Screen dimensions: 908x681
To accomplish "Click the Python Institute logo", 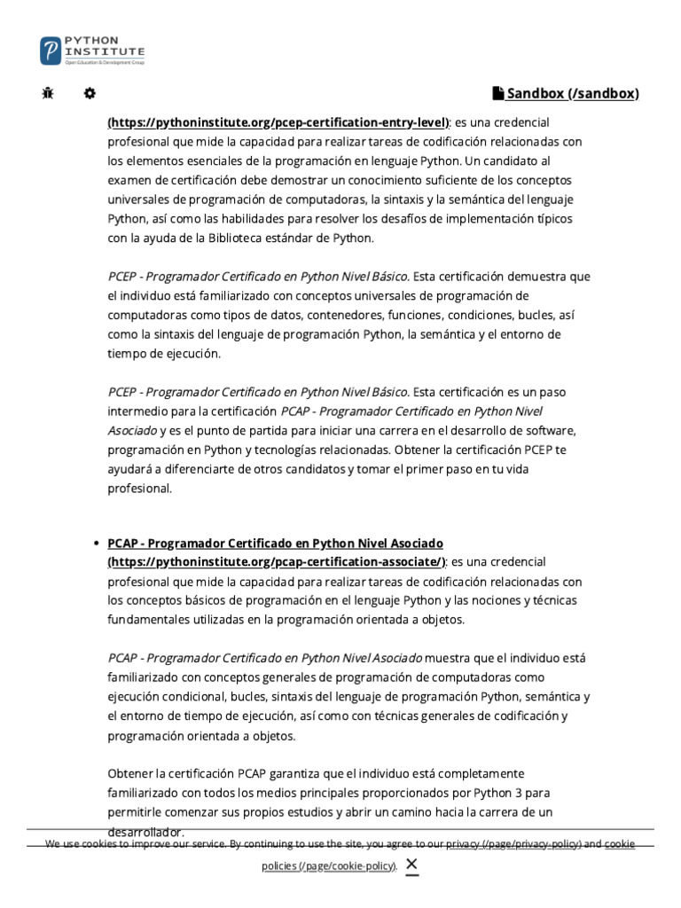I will point(92,50).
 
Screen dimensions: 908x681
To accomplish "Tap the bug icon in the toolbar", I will point(48,93).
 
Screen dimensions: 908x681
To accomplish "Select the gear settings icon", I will point(90,93).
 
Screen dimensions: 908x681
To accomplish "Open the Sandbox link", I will point(572,93).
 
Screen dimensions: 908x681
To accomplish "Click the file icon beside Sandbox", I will point(498,93).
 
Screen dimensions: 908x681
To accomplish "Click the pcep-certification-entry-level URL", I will point(278,121).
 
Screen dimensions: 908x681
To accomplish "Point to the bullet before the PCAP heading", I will point(95,543).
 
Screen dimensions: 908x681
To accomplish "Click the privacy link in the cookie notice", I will point(513,844).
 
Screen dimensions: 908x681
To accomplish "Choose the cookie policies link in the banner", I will point(328,865).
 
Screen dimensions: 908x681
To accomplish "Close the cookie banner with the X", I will point(411,865).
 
